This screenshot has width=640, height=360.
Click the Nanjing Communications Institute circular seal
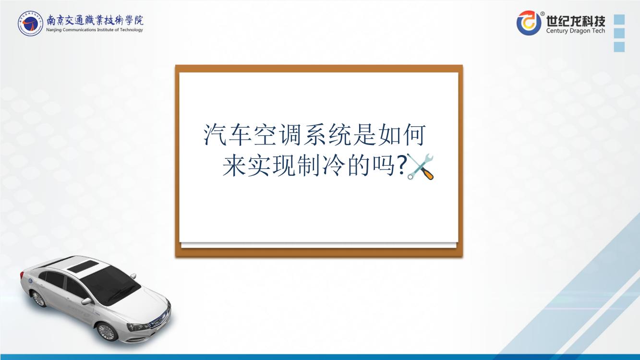point(30,24)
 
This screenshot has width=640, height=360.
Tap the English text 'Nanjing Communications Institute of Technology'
point(95,30)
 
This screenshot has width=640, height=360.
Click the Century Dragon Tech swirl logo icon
point(529,23)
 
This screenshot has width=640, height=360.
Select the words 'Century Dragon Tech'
point(576,31)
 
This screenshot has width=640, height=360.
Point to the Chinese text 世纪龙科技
point(576,21)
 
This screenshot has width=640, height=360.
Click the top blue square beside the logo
point(619,19)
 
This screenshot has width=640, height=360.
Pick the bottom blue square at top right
point(619,47)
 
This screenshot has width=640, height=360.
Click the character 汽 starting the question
point(215,134)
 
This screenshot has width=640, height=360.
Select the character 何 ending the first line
point(414,134)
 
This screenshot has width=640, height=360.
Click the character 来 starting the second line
point(234,166)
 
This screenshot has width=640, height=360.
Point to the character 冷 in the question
point(333,166)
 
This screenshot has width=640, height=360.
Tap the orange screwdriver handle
point(427,174)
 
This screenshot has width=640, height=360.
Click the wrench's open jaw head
point(429,158)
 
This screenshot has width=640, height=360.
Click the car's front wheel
point(107,332)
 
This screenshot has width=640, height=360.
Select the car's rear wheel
point(38,299)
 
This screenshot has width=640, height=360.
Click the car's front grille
point(159,318)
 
